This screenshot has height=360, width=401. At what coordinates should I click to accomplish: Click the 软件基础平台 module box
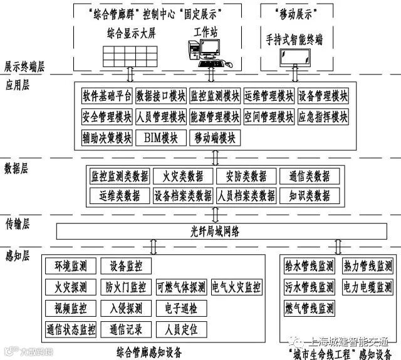(107, 97)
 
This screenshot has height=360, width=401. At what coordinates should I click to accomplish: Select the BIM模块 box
(161, 138)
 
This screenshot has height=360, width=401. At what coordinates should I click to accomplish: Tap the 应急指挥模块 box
(323, 117)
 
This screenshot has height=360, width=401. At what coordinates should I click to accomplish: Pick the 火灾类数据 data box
(183, 176)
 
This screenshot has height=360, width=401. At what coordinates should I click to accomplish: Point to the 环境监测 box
(70, 267)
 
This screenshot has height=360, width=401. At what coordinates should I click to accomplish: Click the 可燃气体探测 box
(181, 287)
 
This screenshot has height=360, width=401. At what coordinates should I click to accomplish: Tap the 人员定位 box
(181, 329)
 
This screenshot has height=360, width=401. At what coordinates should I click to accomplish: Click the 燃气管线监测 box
(309, 309)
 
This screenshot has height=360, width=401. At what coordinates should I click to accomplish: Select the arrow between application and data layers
(215, 155)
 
